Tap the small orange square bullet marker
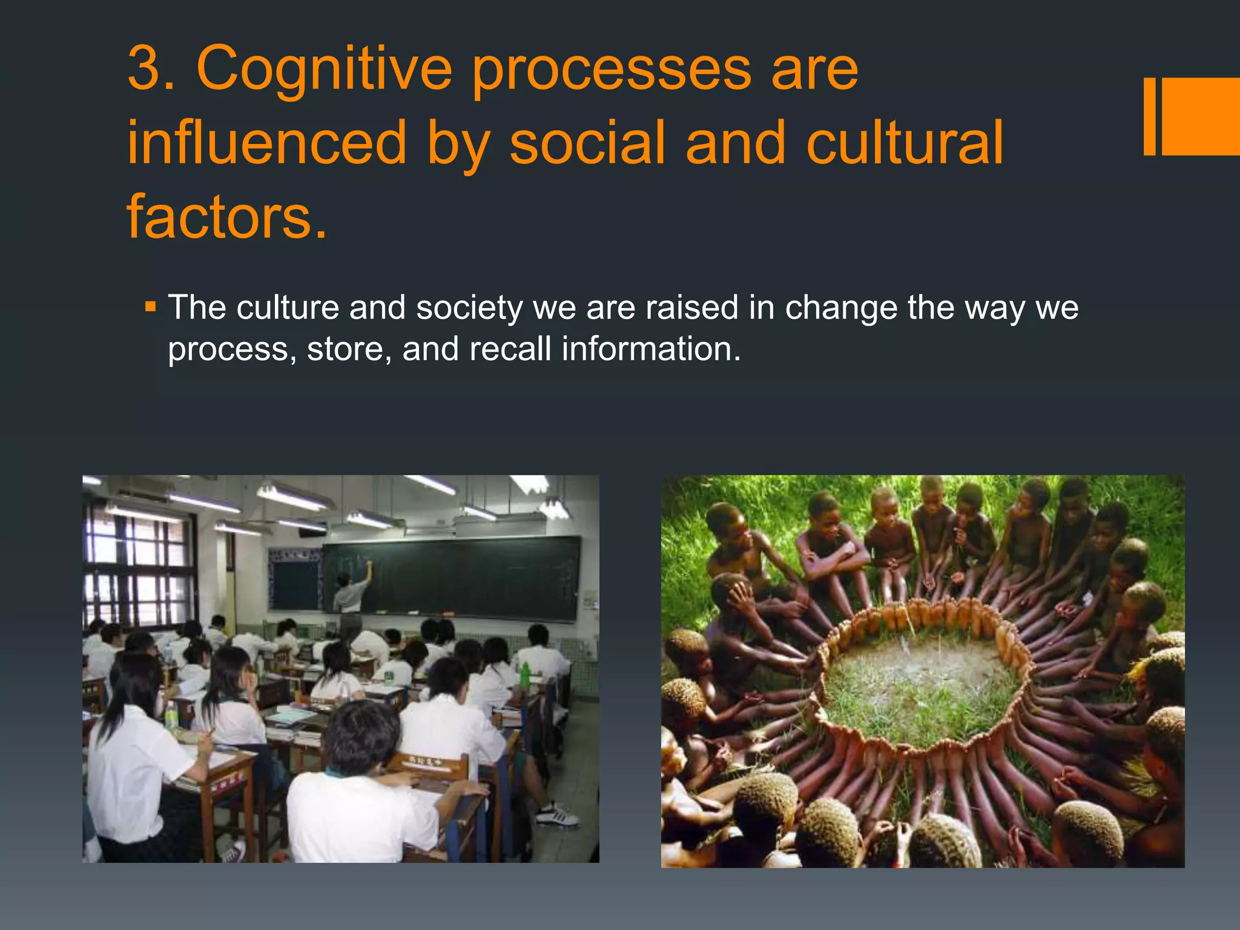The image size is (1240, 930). click(151, 306)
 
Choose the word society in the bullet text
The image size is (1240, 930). click(469, 308)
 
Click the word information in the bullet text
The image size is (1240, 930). click(651, 349)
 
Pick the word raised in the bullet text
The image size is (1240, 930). click(692, 308)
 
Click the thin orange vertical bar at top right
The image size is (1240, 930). click(1149, 116)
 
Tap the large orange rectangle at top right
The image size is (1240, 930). click(1201, 116)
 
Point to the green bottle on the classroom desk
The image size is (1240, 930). click(524, 675)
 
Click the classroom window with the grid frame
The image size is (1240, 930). click(138, 566)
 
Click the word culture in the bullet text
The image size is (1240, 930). click(288, 308)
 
